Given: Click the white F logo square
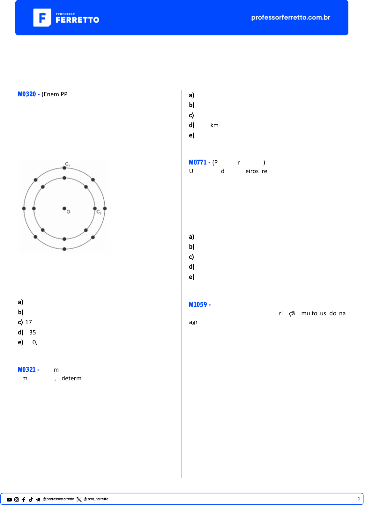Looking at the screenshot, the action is [x=42, y=18].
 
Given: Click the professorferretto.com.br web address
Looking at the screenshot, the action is [x=291, y=17].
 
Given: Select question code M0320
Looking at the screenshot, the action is [x=27, y=94].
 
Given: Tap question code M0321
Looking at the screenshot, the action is [x=27, y=370].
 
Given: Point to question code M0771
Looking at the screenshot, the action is [x=197, y=162].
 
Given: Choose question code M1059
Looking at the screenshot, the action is [x=198, y=304].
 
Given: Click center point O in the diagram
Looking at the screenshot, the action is [x=64, y=209].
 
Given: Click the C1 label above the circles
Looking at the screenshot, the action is [x=67, y=164].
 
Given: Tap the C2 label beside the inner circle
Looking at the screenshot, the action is [x=99, y=212].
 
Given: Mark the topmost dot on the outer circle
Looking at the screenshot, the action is [x=64, y=168].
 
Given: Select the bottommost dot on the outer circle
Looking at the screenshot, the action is [x=64, y=249].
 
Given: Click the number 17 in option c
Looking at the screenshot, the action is [x=28, y=322].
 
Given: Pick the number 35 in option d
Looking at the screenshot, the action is [x=33, y=332].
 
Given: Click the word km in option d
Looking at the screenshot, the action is [x=214, y=125].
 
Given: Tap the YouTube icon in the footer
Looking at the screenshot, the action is [x=9, y=500].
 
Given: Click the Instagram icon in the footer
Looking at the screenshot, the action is [x=17, y=500].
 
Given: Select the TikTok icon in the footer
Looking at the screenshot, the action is [x=31, y=500].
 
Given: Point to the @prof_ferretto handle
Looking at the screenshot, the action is [x=96, y=499].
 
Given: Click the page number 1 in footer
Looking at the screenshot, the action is [x=359, y=499].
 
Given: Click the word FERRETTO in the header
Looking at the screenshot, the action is [x=78, y=20].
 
